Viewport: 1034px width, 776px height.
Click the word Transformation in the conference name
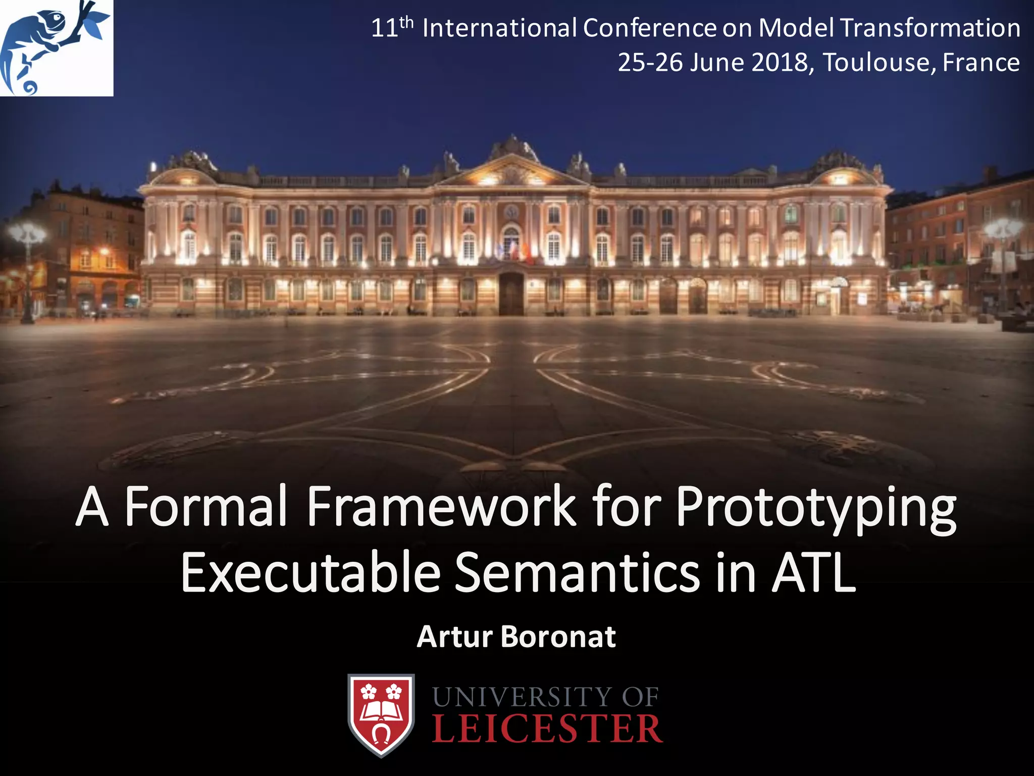930,28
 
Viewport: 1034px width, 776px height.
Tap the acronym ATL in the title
814,572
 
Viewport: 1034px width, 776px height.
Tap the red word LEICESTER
547,729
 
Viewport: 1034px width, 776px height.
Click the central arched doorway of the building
511,293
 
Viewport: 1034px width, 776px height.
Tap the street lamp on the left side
27,268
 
